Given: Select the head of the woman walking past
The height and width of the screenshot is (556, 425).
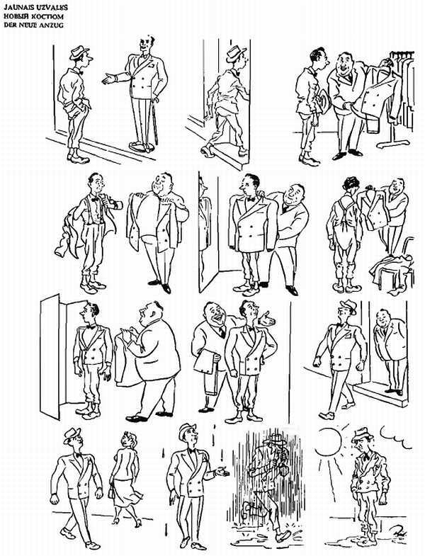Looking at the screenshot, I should coord(127,439).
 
